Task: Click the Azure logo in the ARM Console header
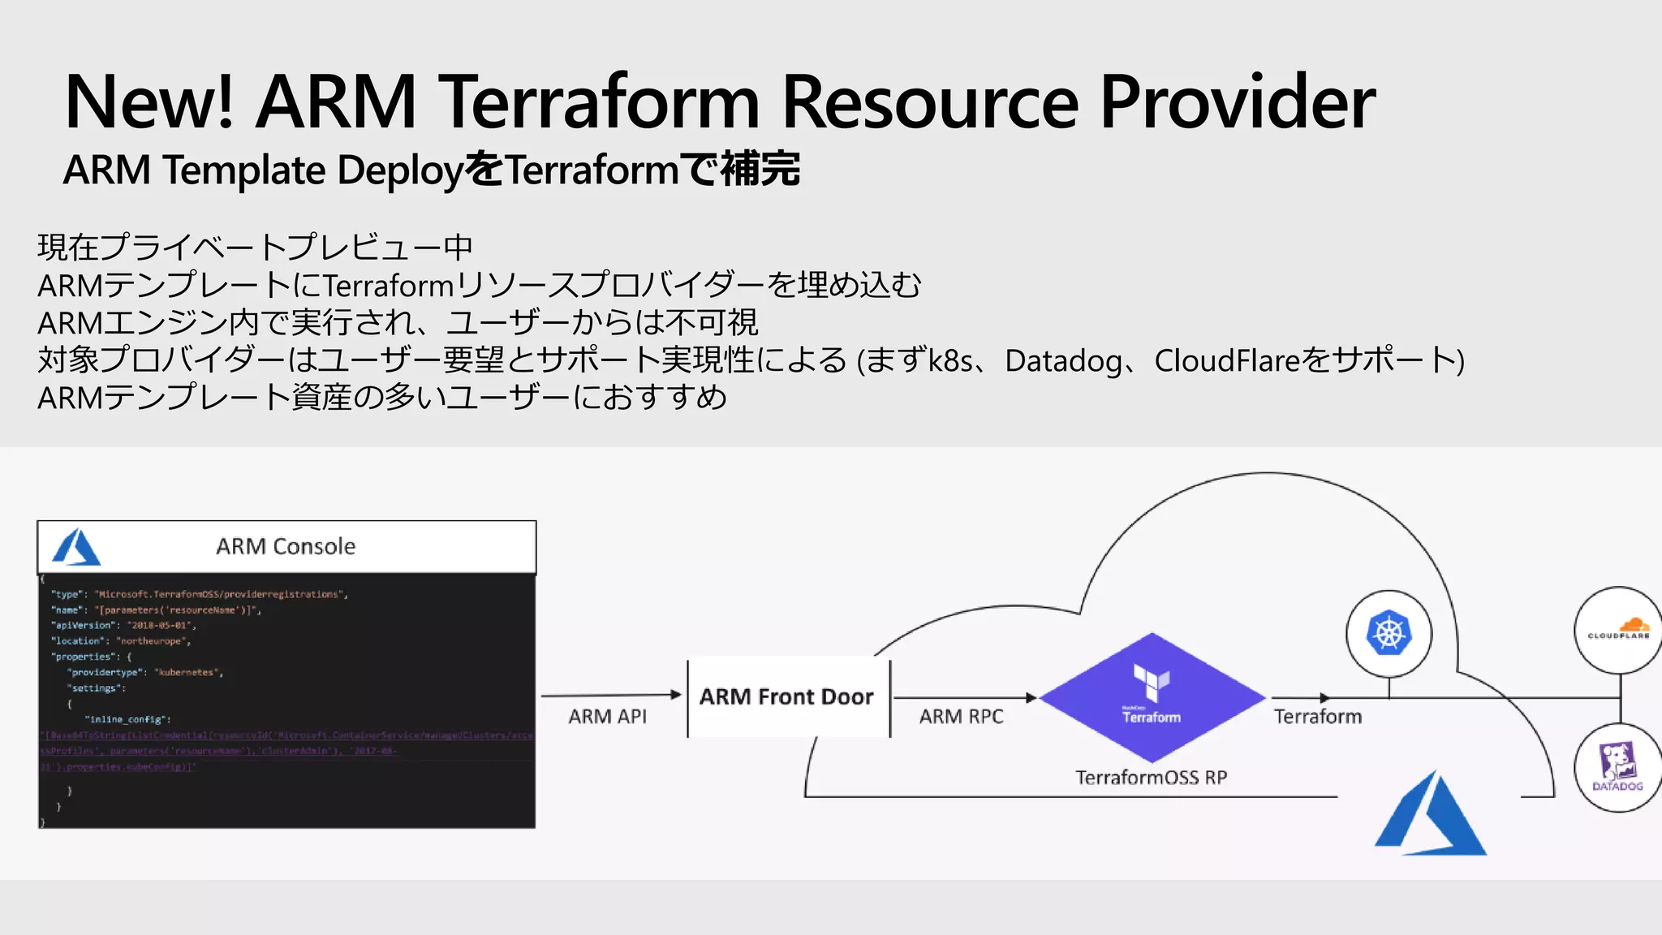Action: point(76,547)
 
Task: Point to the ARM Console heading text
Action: point(286,546)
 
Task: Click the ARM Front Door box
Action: point(787,697)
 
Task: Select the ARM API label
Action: point(607,717)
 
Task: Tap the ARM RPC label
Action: point(961,717)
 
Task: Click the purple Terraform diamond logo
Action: point(1152,696)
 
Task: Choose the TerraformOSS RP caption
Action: point(1151,778)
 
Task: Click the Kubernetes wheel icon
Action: point(1389,633)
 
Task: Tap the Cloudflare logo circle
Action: point(1618,630)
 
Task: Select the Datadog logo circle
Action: point(1617,767)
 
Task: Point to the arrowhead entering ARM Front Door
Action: point(676,695)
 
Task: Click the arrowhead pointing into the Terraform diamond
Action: point(1031,697)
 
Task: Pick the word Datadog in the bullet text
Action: point(1063,361)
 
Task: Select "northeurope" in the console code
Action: point(151,641)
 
